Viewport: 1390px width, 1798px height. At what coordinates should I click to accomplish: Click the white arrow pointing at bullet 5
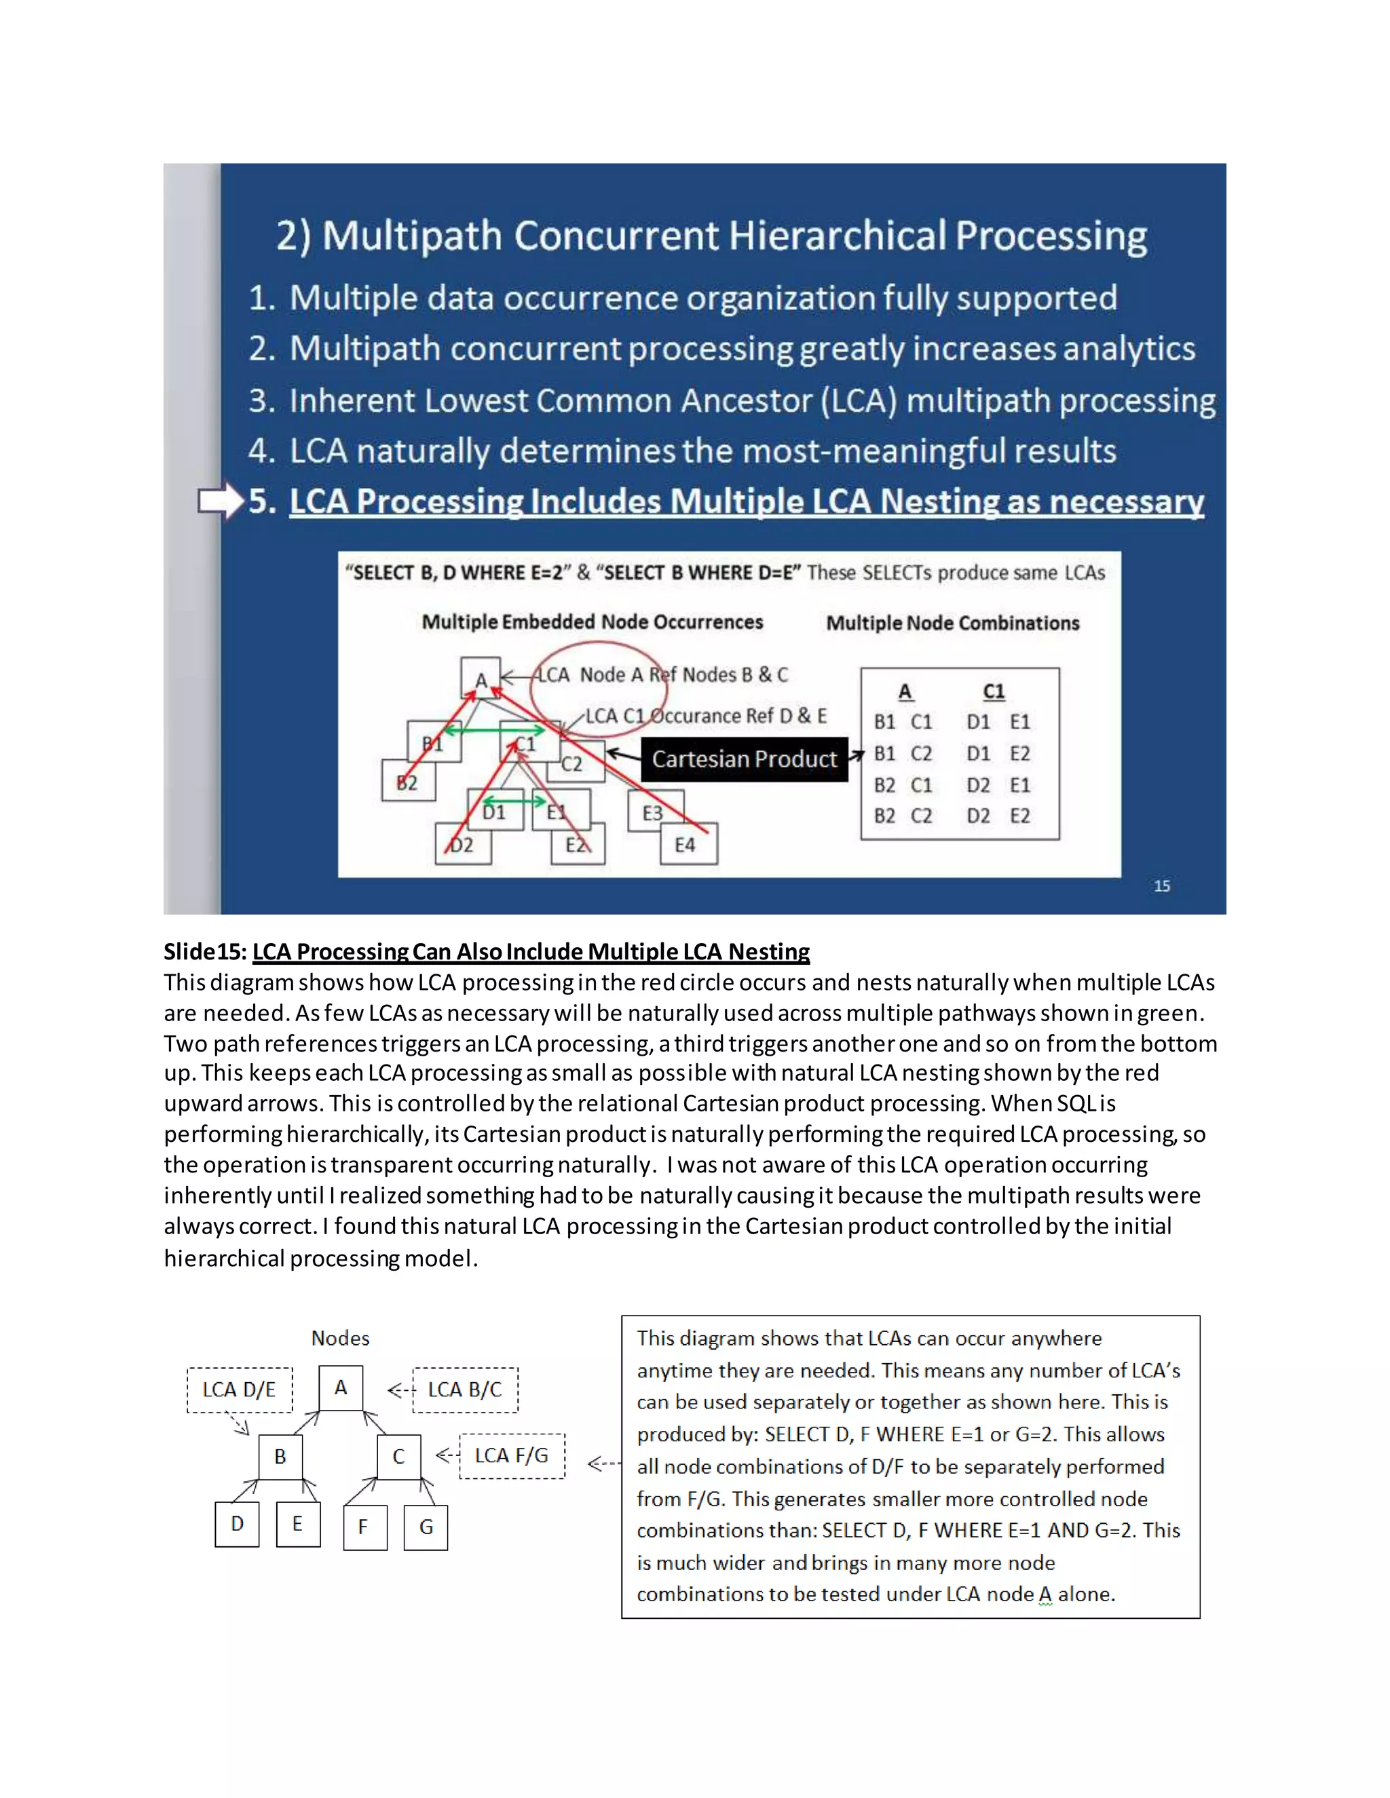[x=221, y=501]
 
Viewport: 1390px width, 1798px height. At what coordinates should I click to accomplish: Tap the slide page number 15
[x=1161, y=886]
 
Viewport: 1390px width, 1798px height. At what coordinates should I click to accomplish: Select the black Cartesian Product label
[x=745, y=759]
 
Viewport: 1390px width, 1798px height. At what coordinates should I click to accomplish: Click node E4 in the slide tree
[x=688, y=845]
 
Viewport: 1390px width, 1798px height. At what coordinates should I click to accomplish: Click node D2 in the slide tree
[x=463, y=845]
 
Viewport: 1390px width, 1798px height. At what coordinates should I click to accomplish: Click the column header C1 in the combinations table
[x=993, y=691]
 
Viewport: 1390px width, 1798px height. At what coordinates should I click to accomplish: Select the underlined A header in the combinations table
[x=905, y=691]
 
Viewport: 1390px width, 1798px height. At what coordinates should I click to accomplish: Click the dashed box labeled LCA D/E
[x=239, y=1390]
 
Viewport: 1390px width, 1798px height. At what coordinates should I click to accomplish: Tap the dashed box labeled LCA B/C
[x=465, y=1390]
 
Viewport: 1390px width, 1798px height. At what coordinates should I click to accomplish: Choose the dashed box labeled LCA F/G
[x=511, y=1455]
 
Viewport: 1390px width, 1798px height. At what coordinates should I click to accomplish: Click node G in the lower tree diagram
[x=426, y=1527]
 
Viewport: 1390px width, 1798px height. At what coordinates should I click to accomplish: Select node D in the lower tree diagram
[x=237, y=1524]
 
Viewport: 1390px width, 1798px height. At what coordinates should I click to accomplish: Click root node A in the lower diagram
[x=341, y=1388]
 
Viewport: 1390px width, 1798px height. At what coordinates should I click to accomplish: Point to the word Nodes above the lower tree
[x=340, y=1338]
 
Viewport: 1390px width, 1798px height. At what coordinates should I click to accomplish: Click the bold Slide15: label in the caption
[x=205, y=952]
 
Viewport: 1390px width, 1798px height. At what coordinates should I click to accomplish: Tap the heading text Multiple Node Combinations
[x=952, y=624]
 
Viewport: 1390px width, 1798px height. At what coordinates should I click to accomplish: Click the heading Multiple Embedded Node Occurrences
[x=592, y=622]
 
